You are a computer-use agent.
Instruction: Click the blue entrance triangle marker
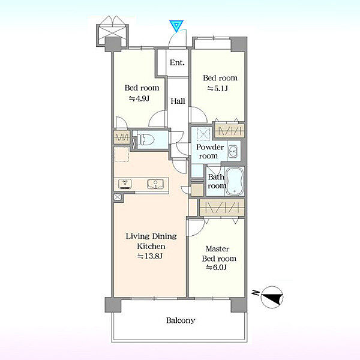coord(176,26)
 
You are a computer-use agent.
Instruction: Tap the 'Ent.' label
coord(177,62)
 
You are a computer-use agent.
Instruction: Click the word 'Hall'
coord(178,101)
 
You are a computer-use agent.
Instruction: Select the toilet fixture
coord(145,139)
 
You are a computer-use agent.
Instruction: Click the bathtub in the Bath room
coord(235,181)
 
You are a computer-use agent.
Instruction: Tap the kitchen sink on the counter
coord(155,184)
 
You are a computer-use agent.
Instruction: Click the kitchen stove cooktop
coord(125,184)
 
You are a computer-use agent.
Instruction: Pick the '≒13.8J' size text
coord(150,256)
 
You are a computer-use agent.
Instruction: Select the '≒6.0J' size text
coord(216,267)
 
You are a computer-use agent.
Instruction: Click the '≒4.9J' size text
coord(139,98)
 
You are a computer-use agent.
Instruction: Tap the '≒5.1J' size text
coord(217,88)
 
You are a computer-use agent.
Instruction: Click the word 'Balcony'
coord(181,320)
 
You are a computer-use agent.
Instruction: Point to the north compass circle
coord(272,297)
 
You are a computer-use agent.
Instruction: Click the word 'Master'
coord(217,248)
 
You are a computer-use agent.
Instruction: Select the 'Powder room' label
coord(210,151)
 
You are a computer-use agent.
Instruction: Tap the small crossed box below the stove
coord(118,197)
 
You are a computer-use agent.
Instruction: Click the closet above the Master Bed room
coord(222,208)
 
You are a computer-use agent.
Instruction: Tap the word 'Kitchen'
coord(151,246)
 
